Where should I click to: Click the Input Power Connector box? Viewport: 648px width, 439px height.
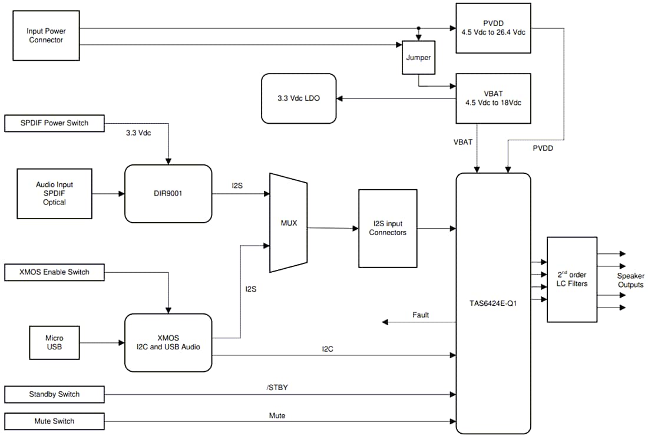pyautogui.click(x=46, y=35)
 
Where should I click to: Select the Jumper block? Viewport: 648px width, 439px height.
pyautogui.click(x=418, y=58)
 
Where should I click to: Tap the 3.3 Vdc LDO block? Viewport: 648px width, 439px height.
pyautogui.click(x=299, y=98)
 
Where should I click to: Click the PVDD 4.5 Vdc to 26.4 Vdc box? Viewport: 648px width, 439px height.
pyautogui.click(x=493, y=28)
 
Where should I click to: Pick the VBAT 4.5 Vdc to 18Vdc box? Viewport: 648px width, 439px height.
pyautogui.click(x=493, y=98)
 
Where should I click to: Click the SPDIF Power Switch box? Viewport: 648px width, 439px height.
pyautogui.click(x=54, y=123)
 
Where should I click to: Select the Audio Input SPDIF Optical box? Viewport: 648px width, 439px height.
pyautogui.click(x=54, y=193)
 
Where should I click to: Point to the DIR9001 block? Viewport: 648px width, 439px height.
pyautogui.click(x=168, y=193)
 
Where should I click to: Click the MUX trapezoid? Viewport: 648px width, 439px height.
pyautogui.click(x=288, y=223)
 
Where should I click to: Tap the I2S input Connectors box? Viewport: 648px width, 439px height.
pyautogui.click(x=388, y=228)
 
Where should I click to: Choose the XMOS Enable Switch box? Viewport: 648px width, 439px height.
pyautogui.click(x=54, y=272)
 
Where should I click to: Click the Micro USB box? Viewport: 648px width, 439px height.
pyautogui.click(x=54, y=342)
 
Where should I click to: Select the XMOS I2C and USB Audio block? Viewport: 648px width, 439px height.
pyautogui.click(x=168, y=342)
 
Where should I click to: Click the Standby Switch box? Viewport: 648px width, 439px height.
pyautogui.click(x=54, y=394)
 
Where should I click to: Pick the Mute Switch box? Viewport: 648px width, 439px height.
pyautogui.click(x=54, y=421)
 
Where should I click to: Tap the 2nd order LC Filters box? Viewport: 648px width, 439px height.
pyautogui.click(x=571, y=279)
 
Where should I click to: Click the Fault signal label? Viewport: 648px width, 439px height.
pyautogui.click(x=421, y=315)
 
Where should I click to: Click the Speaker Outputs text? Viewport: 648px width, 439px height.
pyautogui.click(x=630, y=280)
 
